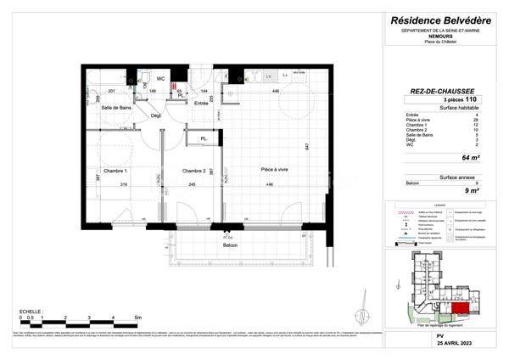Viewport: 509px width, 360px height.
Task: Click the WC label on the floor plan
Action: tap(160, 78)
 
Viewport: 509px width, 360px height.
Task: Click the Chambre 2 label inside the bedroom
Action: tap(194, 171)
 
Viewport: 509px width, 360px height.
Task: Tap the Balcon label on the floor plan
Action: tap(230, 245)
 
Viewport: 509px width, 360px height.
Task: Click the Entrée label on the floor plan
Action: tap(201, 103)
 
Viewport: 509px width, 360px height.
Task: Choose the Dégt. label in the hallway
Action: tap(156, 115)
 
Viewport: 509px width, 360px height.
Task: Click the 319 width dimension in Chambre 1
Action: tap(124, 185)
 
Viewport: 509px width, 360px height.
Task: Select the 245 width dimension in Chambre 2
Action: tap(193, 185)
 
